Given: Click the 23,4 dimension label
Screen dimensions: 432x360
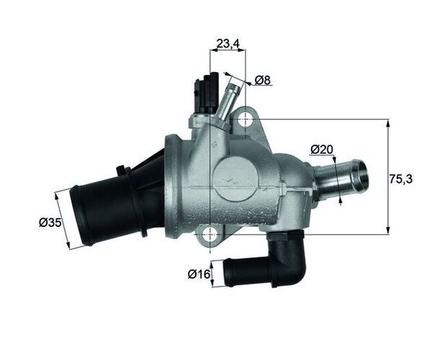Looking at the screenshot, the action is [x=228, y=43].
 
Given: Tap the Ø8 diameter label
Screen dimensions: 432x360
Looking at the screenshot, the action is [x=263, y=80].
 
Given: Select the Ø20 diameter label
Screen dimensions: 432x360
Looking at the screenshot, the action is [x=322, y=150].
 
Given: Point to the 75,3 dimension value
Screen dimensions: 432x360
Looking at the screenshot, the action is [x=400, y=179].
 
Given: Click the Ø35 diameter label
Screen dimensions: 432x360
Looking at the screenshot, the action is [x=50, y=222].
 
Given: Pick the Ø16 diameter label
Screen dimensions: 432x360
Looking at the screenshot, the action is [x=199, y=274].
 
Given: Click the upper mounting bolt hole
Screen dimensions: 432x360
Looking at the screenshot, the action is [x=246, y=120].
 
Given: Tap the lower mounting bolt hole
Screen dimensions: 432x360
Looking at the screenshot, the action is [x=210, y=235].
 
